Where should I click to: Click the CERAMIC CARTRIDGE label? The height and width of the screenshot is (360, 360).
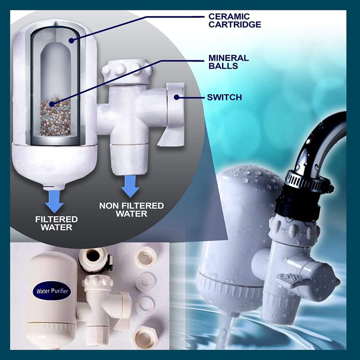[234, 20]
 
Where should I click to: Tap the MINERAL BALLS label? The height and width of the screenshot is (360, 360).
[228, 62]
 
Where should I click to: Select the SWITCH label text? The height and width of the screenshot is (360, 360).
[224, 97]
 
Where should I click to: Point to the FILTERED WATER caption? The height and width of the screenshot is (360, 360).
[56, 223]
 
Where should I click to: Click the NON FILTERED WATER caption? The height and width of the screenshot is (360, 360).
[131, 210]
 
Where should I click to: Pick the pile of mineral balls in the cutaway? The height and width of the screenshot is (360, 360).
[55, 116]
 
